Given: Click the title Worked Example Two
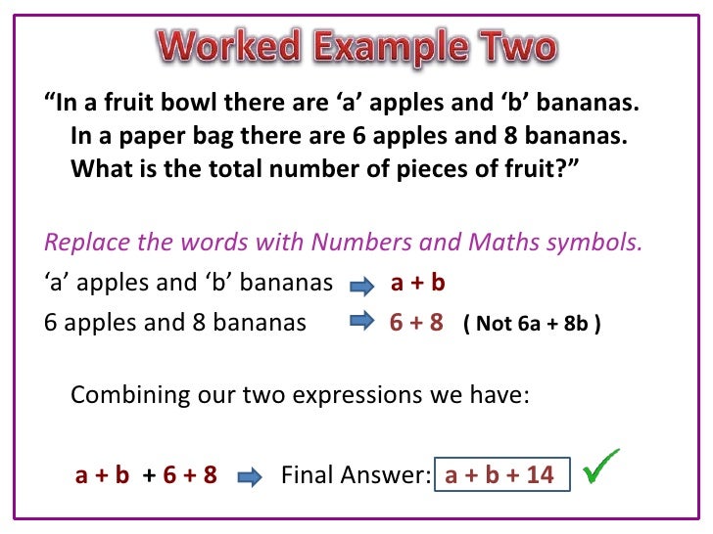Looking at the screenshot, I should (x=356, y=45).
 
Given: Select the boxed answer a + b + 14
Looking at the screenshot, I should (x=499, y=475).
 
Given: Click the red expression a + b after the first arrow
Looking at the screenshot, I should (x=418, y=284).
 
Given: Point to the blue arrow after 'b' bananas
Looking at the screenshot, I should (x=361, y=286).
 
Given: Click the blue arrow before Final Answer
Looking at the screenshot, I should (x=251, y=476).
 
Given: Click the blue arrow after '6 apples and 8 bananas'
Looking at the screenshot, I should (x=361, y=321).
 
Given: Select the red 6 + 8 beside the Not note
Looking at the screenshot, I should (x=416, y=322).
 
